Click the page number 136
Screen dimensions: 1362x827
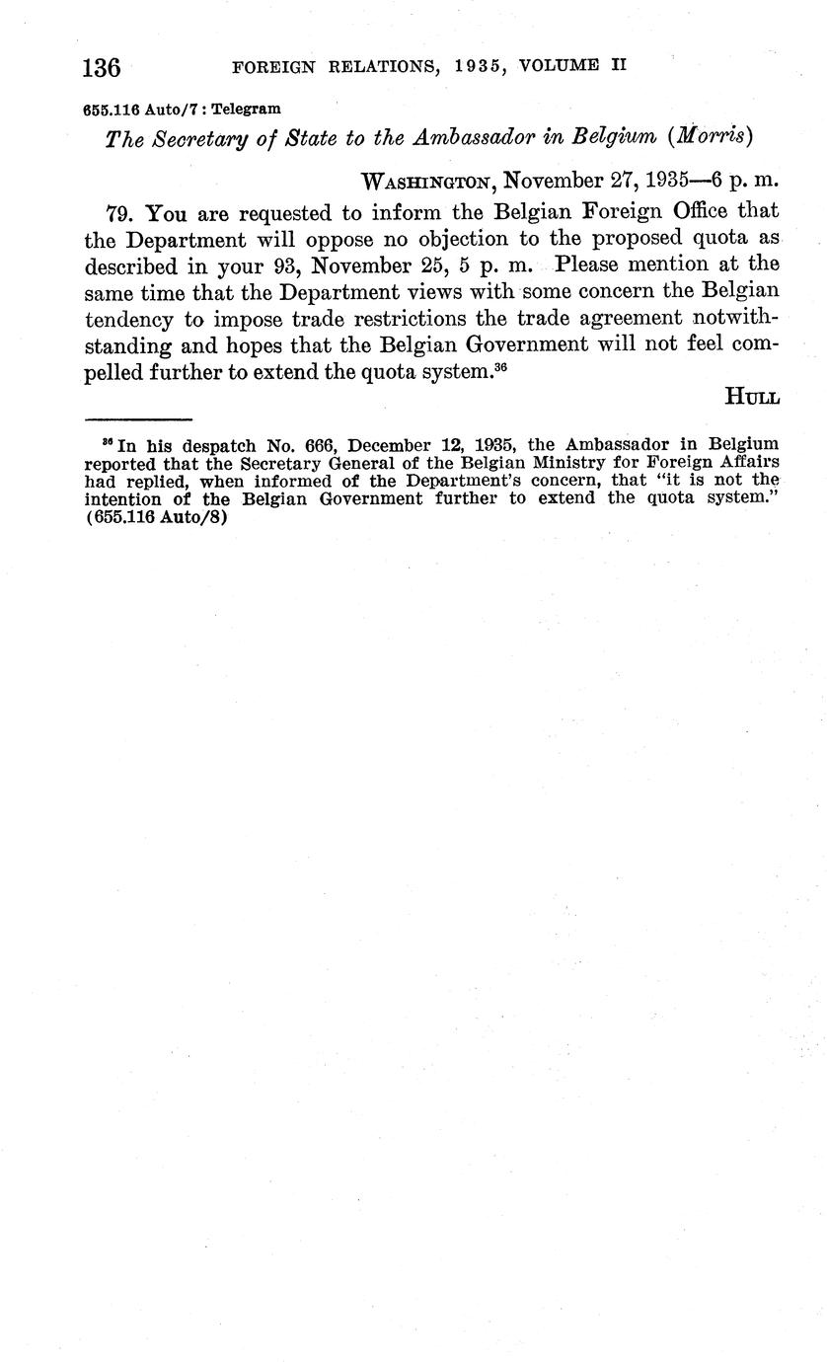pyautogui.click(x=102, y=68)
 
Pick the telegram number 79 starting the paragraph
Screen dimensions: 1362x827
pyautogui.click(x=119, y=211)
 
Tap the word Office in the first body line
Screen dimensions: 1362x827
pyautogui.click(x=675, y=210)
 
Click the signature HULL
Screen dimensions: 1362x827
pyautogui.click(x=753, y=397)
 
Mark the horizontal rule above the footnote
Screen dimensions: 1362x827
pyautogui.click(x=137, y=419)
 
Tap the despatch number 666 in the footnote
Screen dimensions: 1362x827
pyautogui.click(x=318, y=444)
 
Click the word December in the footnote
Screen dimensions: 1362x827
pyautogui.click(x=392, y=444)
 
